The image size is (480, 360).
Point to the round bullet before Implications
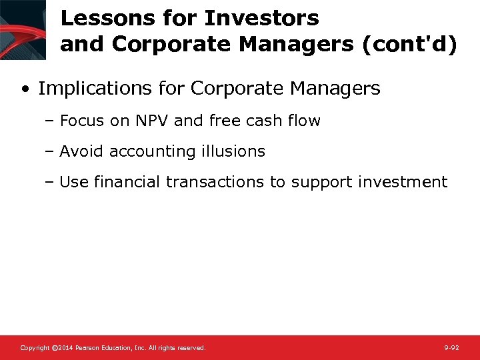tap(25, 89)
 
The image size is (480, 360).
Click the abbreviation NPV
tap(151, 121)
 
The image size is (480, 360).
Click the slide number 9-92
tap(451, 348)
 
